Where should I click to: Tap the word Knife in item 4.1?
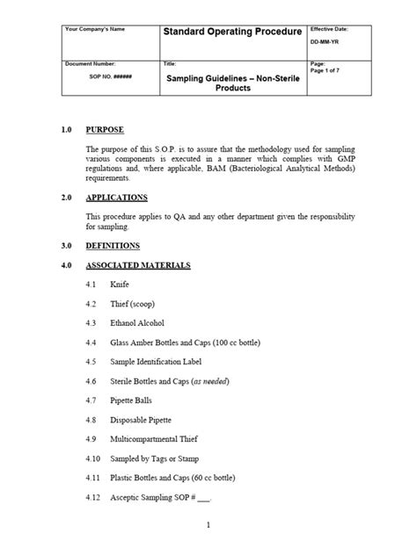pyautogui.click(x=120, y=285)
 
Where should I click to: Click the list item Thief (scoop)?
pyautogui.click(x=133, y=304)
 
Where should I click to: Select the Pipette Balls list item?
pyautogui.click(x=133, y=400)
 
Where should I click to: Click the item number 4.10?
pyautogui.click(x=94, y=458)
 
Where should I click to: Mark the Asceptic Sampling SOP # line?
pyautogui.click(x=160, y=496)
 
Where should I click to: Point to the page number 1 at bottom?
pyautogui.click(x=208, y=526)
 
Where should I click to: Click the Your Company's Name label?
pyautogui.click(x=95, y=29)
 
